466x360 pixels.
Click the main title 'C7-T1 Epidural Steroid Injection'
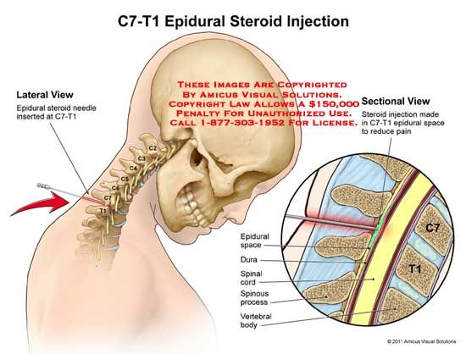(x=233, y=22)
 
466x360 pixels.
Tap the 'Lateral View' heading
(x=45, y=95)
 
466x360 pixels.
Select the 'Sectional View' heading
(x=396, y=102)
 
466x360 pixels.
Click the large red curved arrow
(x=40, y=203)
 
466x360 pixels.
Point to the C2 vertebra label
(x=153, y=148)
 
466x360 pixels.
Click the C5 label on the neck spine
(x=125, y=179)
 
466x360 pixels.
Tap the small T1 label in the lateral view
(x=103, y=211)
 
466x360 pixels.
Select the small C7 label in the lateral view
(x=108, y=197)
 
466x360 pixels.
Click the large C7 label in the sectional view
(x=432, y=228)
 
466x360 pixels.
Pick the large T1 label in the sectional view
(x=414, y=269)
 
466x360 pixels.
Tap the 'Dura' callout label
(x=249, y=259)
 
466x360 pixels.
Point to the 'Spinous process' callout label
(x=254, y=298)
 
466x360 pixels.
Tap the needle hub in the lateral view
(x=43, y=186)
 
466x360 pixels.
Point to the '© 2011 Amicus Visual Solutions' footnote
(x=421, y=341)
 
